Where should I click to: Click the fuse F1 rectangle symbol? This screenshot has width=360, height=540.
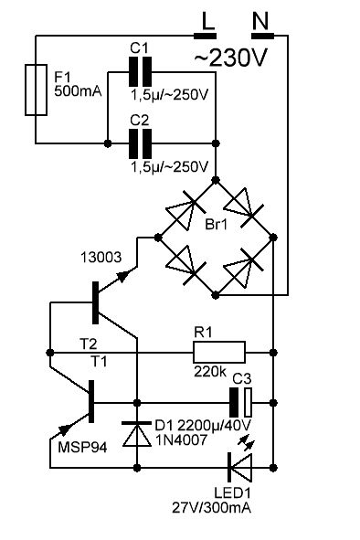[x=36, y=90]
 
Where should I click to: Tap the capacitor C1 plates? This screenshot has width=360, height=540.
[x=140, y=72]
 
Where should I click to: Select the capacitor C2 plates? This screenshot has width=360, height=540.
[x=140, y=143]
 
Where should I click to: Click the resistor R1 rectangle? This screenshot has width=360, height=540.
[x=219, y=353]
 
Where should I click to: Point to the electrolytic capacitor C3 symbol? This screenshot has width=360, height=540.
[x=241, y=403]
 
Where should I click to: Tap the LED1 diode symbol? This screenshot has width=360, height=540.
[x=240, y=467]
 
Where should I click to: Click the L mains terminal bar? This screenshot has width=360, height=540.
[x=206, y=36]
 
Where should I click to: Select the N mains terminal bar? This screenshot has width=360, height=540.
[x=263, y=36]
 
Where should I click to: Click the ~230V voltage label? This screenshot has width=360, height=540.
[x=230, y=58]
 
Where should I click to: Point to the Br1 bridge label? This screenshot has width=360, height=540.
[x=217, y=225]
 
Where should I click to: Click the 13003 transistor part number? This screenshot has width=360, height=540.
[x=101, y=258]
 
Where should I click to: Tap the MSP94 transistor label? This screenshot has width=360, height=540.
[x=82, y=448]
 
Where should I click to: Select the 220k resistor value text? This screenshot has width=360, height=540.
[x=210, y=372]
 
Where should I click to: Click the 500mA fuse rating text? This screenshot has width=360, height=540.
[x=79, y=91]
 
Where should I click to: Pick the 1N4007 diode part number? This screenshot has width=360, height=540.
[x=182, y=439]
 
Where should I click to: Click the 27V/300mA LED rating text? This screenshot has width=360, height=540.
[x=211, y=508]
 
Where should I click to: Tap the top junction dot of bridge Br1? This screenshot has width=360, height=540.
[x=216, y=180]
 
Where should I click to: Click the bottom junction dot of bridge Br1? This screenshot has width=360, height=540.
[x=216, y=295]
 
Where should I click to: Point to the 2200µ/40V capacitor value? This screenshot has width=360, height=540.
[x=215, y=426]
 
